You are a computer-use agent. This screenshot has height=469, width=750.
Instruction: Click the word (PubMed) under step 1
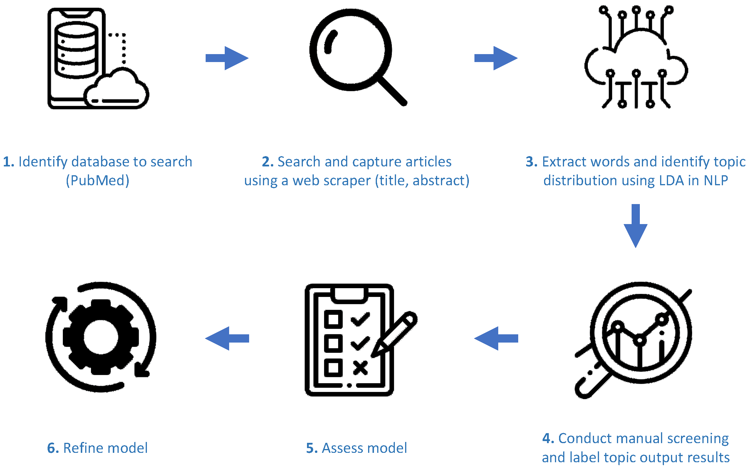click(97, 181)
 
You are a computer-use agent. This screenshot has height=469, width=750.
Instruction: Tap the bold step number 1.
click(8, 162)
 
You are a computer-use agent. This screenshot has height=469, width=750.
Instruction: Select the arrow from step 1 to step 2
click(227, 58)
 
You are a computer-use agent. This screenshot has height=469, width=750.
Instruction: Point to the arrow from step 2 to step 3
click(496, 58)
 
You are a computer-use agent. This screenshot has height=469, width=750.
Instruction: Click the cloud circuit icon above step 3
click(636, 57)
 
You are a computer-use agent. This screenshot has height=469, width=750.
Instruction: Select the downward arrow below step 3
click(635, 226)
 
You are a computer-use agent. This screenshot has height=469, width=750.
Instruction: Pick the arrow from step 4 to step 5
click(496, 338)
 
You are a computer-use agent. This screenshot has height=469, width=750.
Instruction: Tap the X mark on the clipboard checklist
click(360, 368)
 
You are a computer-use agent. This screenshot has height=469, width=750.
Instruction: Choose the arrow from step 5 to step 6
click(227, 338)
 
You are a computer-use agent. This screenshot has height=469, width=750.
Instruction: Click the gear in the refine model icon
click(101, 337)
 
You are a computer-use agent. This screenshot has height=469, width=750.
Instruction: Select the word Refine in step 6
click(83, 448)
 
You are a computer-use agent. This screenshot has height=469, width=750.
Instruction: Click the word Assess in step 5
click(341, 448)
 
